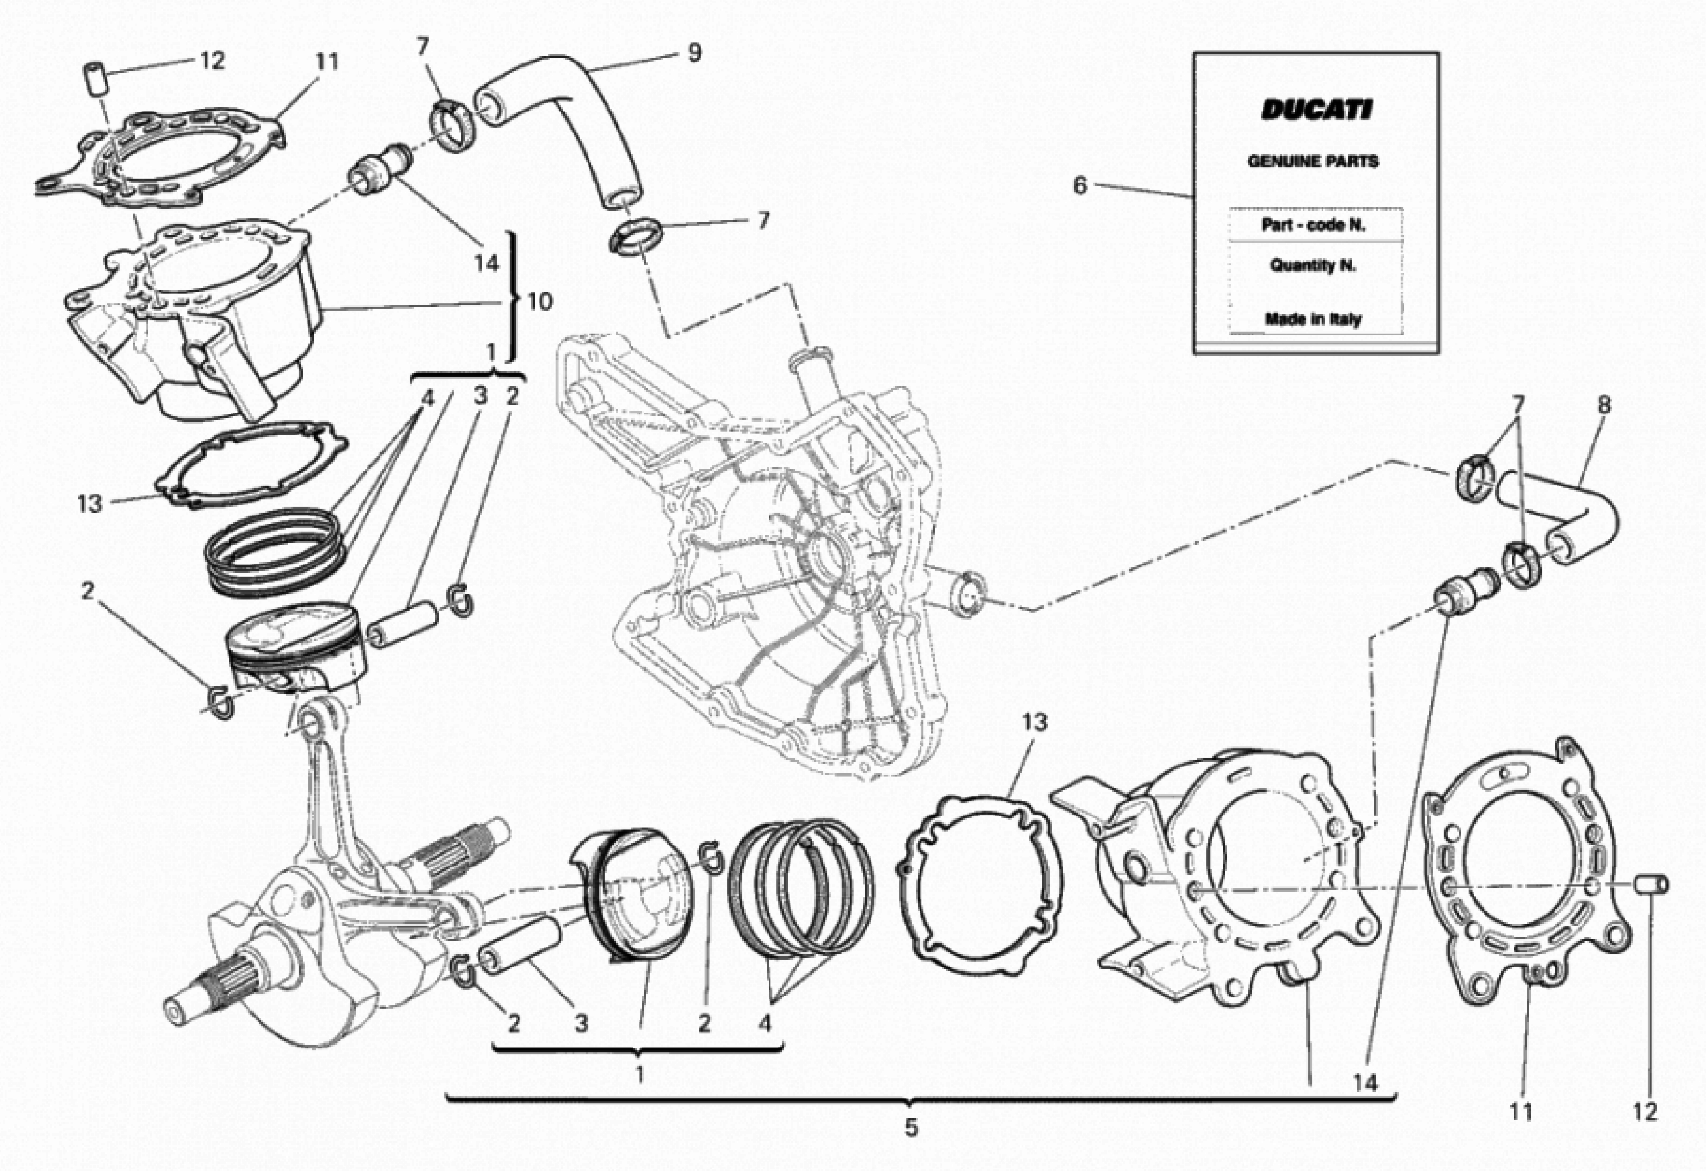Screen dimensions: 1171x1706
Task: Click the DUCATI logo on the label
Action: click(x=1315, y=110)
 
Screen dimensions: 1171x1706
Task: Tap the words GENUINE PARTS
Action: click(x=1313, y=161)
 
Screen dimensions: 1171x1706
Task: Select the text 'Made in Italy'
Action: click(x=1313, y=319)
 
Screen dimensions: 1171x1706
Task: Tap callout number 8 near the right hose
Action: click(x=1604, y=405)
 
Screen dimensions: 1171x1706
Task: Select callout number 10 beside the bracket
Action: click(x=540, y=301)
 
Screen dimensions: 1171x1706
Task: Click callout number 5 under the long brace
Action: click(x=910, y=1127)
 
